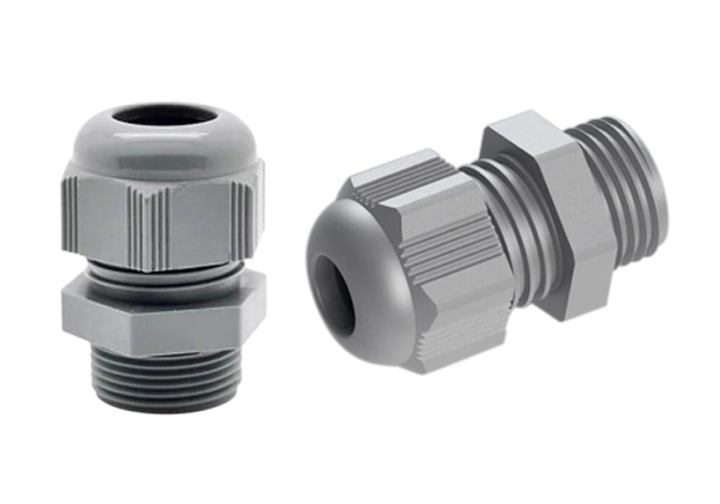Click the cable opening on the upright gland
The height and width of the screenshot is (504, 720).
pos(165,116)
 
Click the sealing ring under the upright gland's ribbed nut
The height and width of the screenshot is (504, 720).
pos(162,277)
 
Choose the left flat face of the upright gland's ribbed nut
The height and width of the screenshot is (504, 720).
pos(108,223)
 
